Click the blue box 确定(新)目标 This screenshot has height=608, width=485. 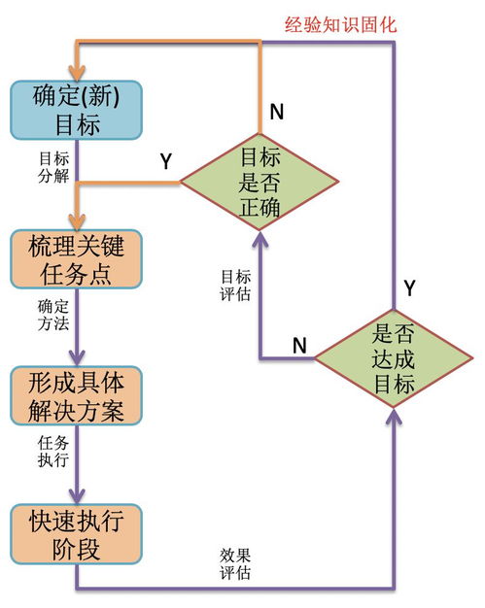[x=77, y=111]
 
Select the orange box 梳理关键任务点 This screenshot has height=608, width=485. [x=77, y=259]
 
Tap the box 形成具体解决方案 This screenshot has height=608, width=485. [x=77, y=395]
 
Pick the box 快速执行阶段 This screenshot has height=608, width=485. [x=77, y=533]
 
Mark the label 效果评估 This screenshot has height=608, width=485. [x=236, y=562]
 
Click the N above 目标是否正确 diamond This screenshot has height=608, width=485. [x=277, y=112]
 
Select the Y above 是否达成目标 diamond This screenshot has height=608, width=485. [x=409, y=287]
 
